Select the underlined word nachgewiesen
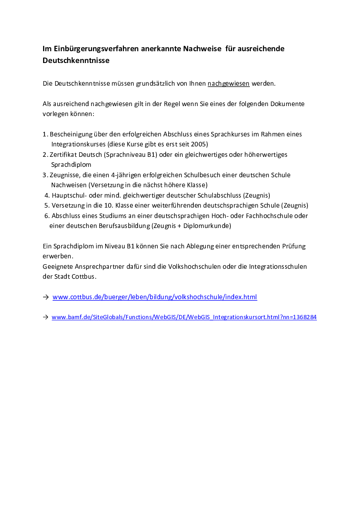coord(229,83)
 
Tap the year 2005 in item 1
coord(200,144)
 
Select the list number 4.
coord(47,195)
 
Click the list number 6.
coord(47,216)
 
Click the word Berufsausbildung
coord(122,226)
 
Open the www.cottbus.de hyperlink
coord(155,297)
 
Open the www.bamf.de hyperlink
coord(184,318)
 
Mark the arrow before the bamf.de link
coord(45,318)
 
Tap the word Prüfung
coord(294,246)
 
